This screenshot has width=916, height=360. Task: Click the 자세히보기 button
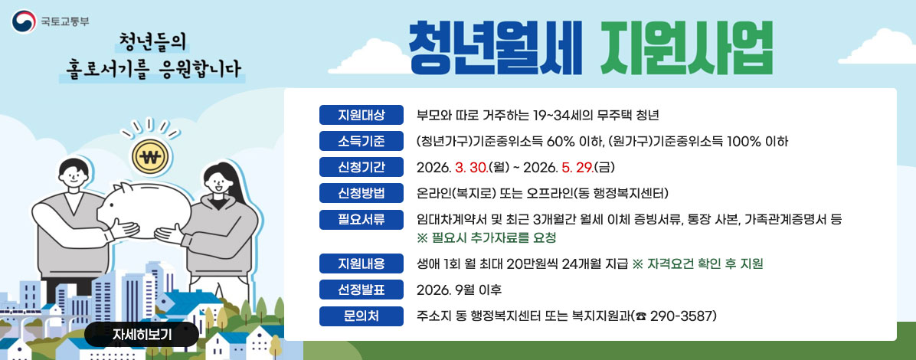click(x=142, y=334)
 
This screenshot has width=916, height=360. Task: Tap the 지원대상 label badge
click(x=361, y=116)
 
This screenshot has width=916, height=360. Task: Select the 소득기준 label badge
click(x=361, y=141)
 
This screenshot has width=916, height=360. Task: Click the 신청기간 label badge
click(x=361, y=166)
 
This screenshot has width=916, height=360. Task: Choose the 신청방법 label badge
click(x=361, y=191)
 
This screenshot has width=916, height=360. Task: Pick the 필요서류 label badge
click(x=361, y=219)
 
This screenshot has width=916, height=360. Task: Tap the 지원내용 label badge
click(x=361, y=264)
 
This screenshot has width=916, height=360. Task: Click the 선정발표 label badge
click(x=361, y=290)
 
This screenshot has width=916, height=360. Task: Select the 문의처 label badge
click(x=361, y=315)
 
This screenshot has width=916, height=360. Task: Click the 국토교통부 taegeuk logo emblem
click(x=23, y=21)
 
